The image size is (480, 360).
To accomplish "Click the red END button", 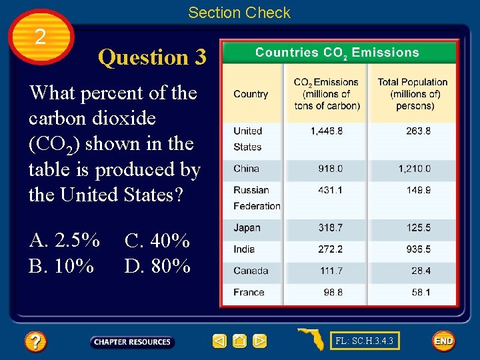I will pyautogui.click(x=443, y=341).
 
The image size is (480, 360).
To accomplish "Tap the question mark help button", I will pyautogui.click(x=35, y=342).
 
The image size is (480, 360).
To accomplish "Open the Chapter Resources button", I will pyautogui.click(x=132, y=342).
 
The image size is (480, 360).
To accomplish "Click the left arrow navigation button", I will pyautogui.click(x=219, y=341).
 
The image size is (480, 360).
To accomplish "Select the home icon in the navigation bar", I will pyautogui.click(x=240, y=341).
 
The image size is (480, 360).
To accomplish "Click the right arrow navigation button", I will pyautogui.click(x=260, y=341).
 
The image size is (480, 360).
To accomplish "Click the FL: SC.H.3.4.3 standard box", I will pyautogui.click(x=365, y=341).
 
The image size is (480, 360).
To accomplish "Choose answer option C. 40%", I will pyautogui.click(x=157, y=240).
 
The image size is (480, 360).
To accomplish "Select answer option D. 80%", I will pyautogui.click(x=157, y=266).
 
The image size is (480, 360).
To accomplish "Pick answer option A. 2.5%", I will pyautogui.click(x=65, y=240).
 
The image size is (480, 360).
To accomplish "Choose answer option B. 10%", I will pyautogui.click(x=61, y=266).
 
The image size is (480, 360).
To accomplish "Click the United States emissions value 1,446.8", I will pyautogui.click(x=327, y=131).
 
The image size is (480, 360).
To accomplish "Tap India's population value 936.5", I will pyautogui.click(x=418, y=249).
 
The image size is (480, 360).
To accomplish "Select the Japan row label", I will pyautogui.click(x=247, y=228).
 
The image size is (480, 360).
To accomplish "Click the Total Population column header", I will pyautogui.click(x=412, y=94).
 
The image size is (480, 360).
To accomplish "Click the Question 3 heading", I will pyautogui.click(x=152, y=58).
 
